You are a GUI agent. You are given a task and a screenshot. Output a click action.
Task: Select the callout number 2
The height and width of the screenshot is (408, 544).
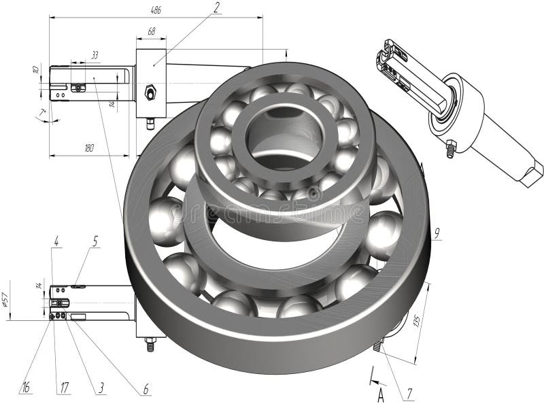pyautogui.click(x=216, y=8)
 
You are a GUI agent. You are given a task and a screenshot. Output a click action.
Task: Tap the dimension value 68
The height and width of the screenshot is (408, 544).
pyautogui.click(x=151, y=31)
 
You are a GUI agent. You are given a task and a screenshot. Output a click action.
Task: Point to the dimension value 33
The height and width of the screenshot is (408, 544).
pyautogui.click(x=94, y=54)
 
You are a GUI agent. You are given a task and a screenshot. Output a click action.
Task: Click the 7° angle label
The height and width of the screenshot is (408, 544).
pyautogui.click(x=42, y=111)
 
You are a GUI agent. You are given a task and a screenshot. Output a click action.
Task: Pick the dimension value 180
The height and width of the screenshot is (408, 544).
pyautogui.click(x=88, y=148)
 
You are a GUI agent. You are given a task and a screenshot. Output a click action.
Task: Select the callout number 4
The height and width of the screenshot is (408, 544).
pyautogui.click(x=56, y=240)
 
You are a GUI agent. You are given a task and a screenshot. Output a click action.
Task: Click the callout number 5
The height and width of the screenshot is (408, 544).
pyautogui.click(x=95, y=240)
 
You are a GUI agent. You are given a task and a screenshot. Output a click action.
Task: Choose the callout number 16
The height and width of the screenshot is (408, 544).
pyautogui.click(x=26, y=388)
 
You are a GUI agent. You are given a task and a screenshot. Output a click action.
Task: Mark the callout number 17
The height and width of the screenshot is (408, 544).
pyautogui.click(x=65, y=388)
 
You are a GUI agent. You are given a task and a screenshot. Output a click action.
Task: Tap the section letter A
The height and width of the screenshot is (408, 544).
pyautogui.click(x=381, y=392)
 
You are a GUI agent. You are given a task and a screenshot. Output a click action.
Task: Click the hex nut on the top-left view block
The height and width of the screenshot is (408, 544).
pyautogui.click(x=150, y=90)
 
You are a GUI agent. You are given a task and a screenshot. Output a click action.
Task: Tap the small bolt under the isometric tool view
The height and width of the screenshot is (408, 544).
pyautogui.click(x=450, y=148)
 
